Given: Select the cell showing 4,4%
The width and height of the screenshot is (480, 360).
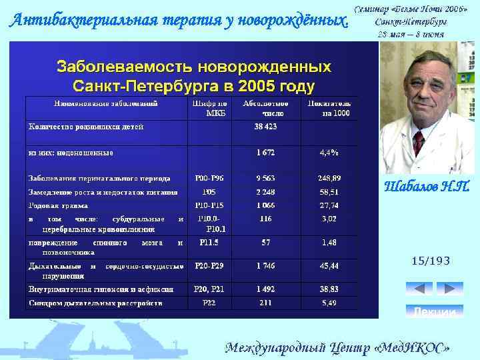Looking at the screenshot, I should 329,153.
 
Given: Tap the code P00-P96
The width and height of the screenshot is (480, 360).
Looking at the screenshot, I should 209,178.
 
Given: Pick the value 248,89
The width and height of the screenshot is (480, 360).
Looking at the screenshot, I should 329,178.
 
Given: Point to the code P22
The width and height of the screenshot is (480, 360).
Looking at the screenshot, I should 209,303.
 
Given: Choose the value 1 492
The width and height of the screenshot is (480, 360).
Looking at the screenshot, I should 265,289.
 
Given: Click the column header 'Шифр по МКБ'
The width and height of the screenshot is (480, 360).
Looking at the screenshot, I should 209,109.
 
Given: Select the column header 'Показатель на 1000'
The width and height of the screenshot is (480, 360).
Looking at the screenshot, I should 329,109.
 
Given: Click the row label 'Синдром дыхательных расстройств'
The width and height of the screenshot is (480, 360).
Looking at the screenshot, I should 95,303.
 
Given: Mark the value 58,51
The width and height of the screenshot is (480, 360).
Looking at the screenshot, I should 329,192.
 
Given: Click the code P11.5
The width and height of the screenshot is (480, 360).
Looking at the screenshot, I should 209,243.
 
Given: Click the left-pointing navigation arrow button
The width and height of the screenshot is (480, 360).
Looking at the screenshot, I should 419,289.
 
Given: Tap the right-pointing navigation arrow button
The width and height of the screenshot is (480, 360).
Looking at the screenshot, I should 449,289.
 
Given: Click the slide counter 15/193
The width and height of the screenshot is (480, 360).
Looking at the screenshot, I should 431,261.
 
